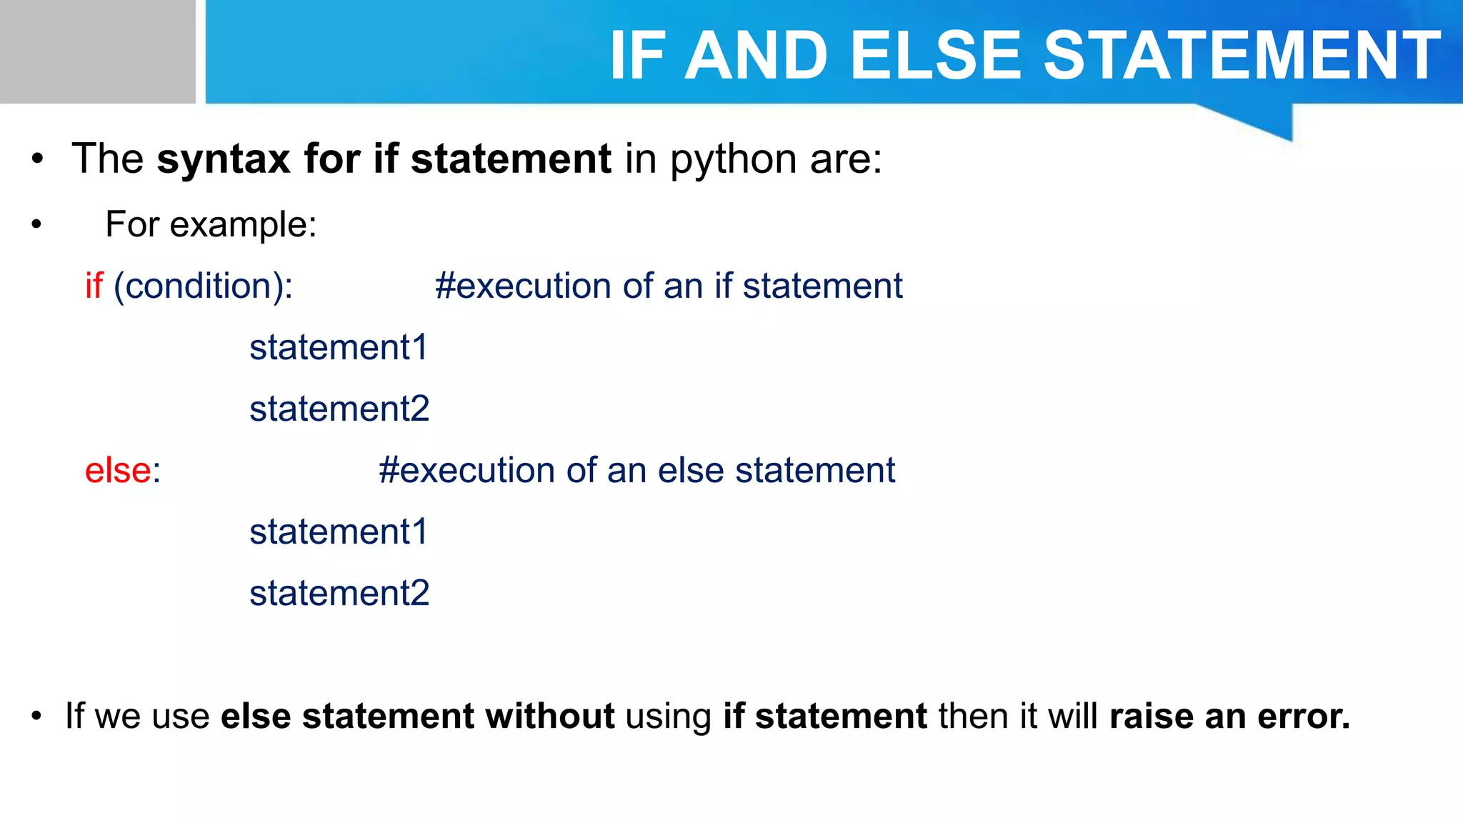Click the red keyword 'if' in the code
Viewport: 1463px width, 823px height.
click(94, 286)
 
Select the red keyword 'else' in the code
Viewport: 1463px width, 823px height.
click(118, 471)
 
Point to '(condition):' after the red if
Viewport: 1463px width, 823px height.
click(204, 286)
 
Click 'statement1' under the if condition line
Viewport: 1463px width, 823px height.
click(339, 348)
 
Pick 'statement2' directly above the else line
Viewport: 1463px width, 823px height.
click(339, 409)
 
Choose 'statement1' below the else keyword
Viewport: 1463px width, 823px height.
click(339, 532)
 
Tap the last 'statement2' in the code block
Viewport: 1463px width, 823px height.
click(339, 594)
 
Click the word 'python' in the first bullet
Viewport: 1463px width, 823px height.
click(733, 160)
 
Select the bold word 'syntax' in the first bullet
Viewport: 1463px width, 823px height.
click(224, 159)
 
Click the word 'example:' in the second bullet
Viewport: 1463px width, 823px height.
click(243, 224)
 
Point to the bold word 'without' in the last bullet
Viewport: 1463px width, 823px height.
click(550, 716)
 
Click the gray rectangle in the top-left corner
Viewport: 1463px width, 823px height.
click(97, 51)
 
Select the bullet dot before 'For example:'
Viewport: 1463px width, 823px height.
click(37, 225)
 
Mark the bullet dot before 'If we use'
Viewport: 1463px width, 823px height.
click(37, 717)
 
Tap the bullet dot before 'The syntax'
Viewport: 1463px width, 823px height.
click(37, 160)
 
